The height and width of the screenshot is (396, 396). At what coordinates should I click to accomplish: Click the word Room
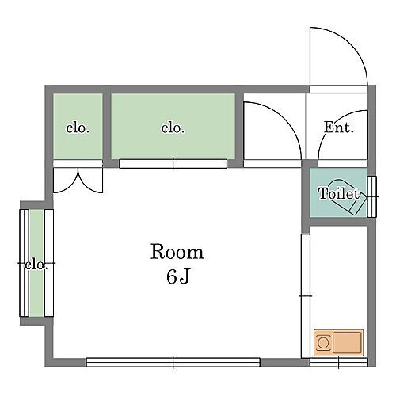(177, 253)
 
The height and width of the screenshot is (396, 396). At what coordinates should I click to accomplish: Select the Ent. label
(339, 128)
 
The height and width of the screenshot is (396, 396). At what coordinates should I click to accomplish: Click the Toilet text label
(339, 193)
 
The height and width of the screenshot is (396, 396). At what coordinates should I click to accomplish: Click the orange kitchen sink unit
(338, 344)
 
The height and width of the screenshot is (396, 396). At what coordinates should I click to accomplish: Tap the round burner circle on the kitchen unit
(324, 344)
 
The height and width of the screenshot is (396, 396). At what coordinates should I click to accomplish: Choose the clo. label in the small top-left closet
(77, 128)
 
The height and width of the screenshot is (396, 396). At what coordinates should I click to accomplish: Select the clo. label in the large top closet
(173, 128)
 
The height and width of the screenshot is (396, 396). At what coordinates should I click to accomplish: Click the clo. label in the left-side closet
(36, 265)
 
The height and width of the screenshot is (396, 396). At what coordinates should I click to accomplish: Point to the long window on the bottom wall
(173, 362)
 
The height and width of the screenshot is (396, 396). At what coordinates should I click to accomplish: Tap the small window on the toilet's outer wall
(372, 194)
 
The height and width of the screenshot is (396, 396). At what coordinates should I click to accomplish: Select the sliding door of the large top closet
(173, 164)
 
